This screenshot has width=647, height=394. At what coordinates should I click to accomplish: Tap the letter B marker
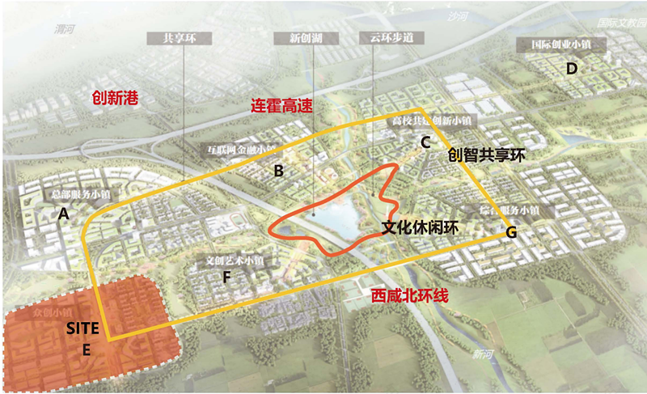pyautogui.click(x=277, y=171)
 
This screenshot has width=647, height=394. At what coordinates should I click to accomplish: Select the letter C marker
pyautogui.click(x=423, y=142)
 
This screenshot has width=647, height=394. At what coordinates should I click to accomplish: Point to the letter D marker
pyautogui.click(x=572, y=68)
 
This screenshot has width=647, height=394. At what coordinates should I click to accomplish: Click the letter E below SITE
pyautogui.click(x=86, y=350)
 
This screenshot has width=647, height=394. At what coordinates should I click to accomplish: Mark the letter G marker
pyautogui.click(x=510, y=232)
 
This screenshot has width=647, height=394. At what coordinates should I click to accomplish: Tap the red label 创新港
pyautogui.click(x=116, y=99)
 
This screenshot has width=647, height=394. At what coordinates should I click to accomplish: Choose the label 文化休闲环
pyautogui.click(x=420, y=228)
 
